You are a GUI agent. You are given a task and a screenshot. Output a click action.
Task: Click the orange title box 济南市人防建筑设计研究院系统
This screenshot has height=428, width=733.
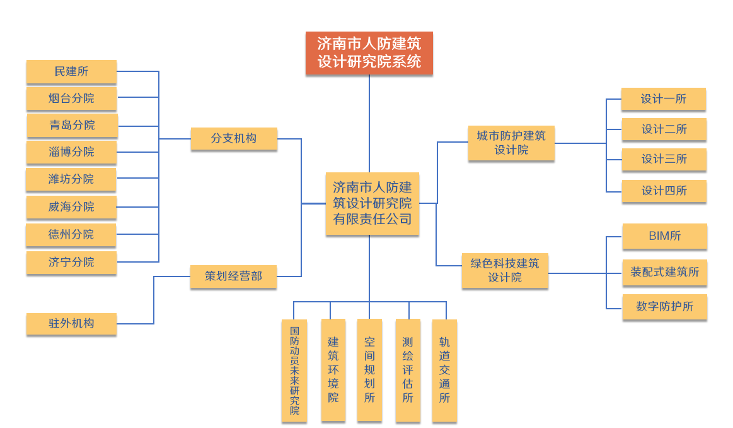pos(369,53)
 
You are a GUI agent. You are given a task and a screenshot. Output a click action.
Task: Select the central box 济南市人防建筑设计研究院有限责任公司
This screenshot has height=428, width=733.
pos(372,203)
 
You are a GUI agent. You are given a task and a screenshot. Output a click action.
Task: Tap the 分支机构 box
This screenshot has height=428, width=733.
pos(234,138)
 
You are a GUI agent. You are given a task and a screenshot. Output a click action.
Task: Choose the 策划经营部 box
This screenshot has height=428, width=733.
pos(233,276)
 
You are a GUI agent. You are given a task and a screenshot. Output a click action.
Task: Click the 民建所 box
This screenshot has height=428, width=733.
pos(71,71)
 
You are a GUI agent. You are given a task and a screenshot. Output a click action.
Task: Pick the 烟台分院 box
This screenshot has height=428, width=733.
pos(71,98)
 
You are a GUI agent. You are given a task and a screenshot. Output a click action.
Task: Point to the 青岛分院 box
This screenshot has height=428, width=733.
pos(72,125)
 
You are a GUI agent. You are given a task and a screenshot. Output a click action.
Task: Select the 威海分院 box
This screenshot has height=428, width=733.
pos(71,206)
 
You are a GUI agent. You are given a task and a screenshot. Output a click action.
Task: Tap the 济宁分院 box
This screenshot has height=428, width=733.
pos(71,262)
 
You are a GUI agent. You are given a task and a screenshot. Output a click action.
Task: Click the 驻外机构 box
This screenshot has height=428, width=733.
pos(71,323)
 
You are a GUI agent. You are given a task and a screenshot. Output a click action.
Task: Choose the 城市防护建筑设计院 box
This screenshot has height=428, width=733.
pos(511,143)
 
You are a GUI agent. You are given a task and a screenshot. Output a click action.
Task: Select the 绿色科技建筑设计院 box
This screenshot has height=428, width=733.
pos(505,270)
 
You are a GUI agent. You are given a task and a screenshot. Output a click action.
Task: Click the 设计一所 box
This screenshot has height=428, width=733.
pos(663,99)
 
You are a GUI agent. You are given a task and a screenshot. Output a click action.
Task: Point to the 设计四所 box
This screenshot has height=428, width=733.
pos(664,191)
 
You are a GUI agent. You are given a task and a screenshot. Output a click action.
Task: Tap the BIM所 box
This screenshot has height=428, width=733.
pos(664,236)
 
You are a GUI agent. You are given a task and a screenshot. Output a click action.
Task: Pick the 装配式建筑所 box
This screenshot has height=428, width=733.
pos(664,272)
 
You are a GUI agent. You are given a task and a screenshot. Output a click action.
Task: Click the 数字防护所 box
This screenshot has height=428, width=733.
pos(664,306)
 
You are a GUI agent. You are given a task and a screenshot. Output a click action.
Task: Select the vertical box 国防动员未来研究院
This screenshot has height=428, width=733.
pos(294,371)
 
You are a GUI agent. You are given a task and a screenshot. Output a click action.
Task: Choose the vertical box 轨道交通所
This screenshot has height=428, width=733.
pos(444,371)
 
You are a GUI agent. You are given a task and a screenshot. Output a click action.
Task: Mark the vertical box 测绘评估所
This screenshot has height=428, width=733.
pos(408,371)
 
